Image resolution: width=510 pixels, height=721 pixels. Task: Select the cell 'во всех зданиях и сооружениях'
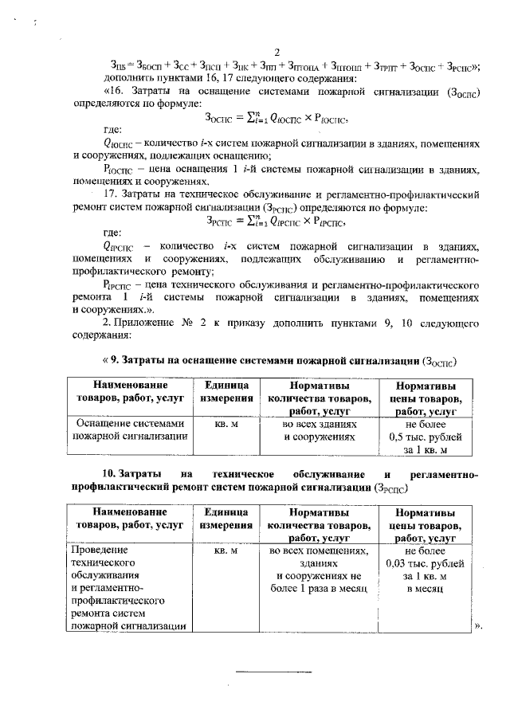tap(318, 430)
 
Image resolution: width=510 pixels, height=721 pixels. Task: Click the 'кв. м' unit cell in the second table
tap(227, 551)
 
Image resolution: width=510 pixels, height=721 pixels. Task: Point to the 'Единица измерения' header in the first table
tap(227, 391)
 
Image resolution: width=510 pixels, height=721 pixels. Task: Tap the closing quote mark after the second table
tap(478, 625)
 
